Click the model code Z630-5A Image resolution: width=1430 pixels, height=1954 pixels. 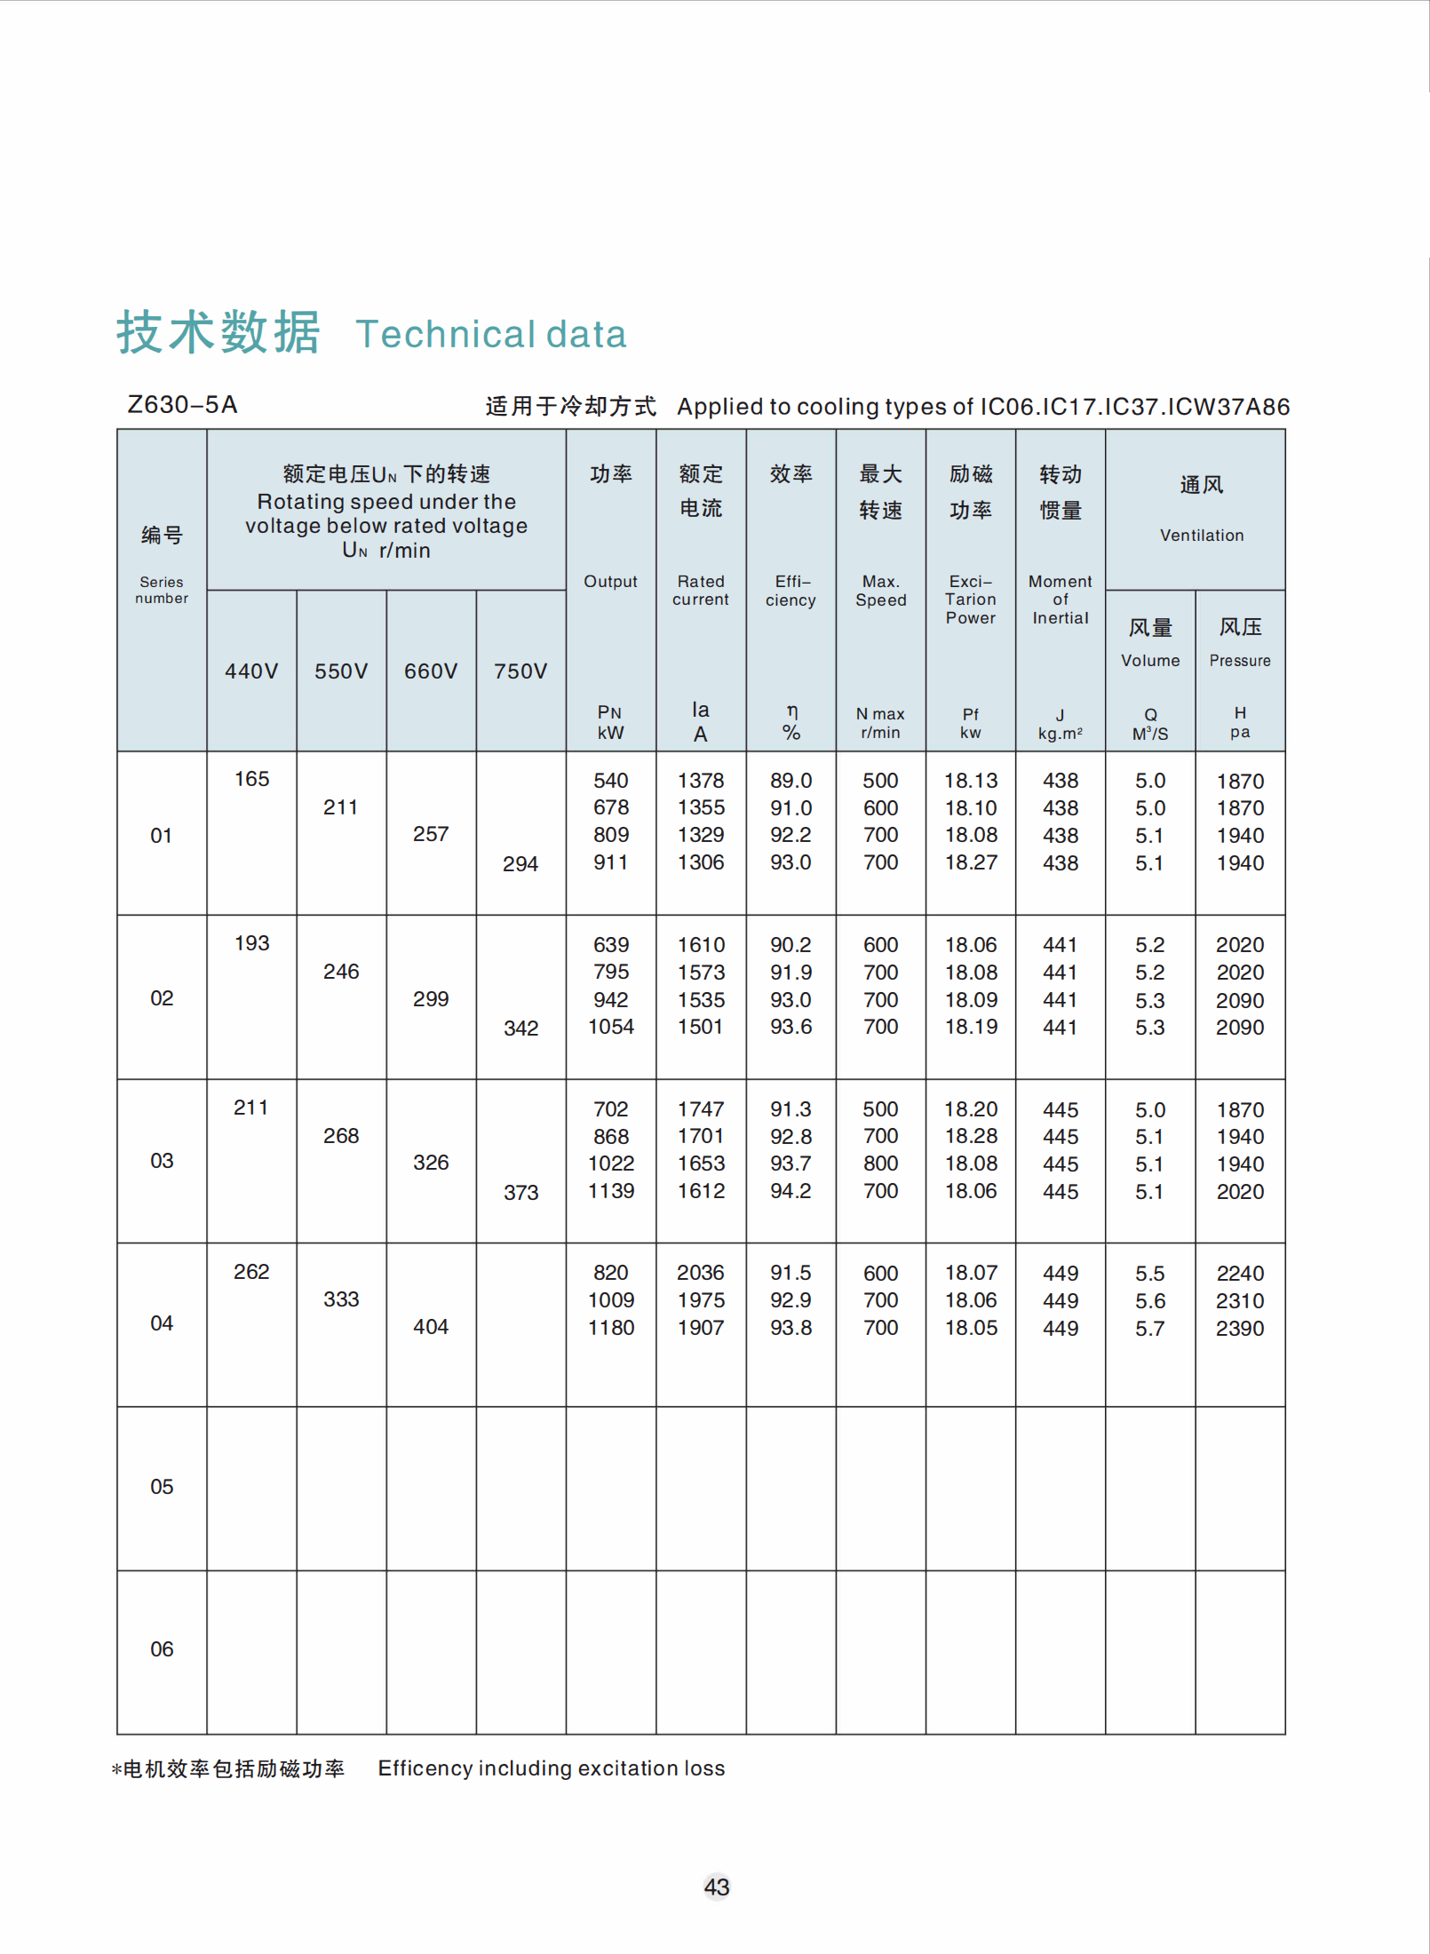(182, 405)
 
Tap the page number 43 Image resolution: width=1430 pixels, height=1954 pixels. (716, 1886)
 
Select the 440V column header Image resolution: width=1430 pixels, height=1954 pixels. (251, 671)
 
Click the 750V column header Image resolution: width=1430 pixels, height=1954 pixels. (520, 671)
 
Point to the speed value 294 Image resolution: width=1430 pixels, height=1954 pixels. (520, 863)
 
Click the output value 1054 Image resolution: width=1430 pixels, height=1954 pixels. (611, 1027)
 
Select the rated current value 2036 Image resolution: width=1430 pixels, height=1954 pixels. (701, 1272)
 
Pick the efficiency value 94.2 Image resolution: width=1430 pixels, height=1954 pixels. (790, 1191)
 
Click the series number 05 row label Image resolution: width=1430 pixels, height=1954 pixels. (162, 1486)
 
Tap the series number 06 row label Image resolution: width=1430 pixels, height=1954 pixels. (162, 1648)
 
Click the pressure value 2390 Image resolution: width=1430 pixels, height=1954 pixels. (1240, 1328)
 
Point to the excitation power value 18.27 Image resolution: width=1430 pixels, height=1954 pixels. (971, 862)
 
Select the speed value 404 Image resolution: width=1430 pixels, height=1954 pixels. (431, 1326)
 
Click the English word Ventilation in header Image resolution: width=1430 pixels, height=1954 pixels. (1202, 535)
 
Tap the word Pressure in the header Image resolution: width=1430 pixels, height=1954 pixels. (1240, 660)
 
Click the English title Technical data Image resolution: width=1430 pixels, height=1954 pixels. (491, 334)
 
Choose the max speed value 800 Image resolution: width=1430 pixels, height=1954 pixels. (880, 1164)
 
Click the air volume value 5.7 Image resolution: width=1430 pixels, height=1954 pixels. (1149, 1328)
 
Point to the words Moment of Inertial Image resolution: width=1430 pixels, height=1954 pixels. (1060, 600)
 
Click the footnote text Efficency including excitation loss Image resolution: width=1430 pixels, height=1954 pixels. (551, 1767)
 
